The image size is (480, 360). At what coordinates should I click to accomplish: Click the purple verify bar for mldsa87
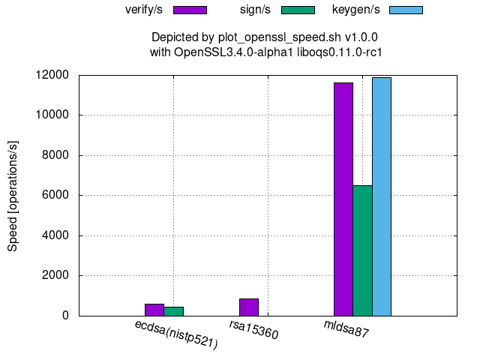343,199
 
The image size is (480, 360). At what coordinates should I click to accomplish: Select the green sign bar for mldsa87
362,250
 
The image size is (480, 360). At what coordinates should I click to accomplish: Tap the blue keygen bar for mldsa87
382,196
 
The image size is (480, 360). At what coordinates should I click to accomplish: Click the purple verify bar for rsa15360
249,307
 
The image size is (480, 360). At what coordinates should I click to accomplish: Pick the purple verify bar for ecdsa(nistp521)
154,310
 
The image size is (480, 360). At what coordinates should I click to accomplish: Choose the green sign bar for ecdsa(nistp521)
173,311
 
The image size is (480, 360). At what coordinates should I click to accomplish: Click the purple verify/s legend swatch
190,10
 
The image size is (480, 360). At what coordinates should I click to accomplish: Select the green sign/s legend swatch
298,10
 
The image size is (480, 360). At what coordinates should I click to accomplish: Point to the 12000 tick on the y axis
53,75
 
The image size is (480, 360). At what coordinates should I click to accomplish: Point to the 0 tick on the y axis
65,316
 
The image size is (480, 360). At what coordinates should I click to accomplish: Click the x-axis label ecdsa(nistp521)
176,334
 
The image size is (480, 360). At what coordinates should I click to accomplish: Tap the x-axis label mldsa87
346,328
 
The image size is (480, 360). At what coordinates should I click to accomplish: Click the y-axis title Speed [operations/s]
13,195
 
